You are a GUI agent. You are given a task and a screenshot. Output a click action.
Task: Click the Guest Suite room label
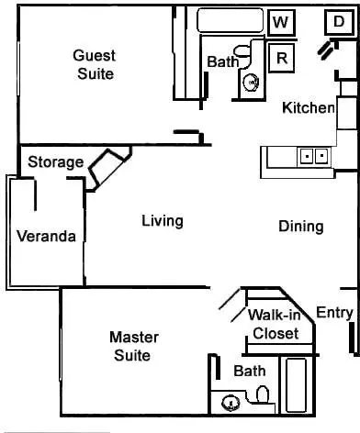pos(95,65)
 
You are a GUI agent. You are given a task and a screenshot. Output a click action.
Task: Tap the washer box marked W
pos(281,22)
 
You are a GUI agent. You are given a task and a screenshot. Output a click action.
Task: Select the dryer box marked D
pos(339,22)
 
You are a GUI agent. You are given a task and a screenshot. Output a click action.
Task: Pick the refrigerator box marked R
pos(282,58)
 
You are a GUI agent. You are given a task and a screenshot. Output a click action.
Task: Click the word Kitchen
pos(309,107)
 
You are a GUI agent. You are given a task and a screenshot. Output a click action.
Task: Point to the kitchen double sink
pos(314,156)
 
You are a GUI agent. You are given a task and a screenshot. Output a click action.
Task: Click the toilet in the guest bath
pos(243,52)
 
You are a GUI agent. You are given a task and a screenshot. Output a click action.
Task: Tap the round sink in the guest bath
pos(252,82)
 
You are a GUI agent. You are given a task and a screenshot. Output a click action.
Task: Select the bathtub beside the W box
pos(231,20)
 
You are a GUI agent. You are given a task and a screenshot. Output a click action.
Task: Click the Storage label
pos(56,162)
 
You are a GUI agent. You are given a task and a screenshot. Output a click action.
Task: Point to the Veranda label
pos(46,236)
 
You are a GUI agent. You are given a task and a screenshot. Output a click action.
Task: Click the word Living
pos(163,221)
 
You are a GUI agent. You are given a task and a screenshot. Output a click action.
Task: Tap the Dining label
pos(301,227)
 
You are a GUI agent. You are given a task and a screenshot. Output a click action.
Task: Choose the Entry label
pos(334,313)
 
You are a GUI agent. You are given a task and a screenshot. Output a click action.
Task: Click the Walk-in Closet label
pos(275,324)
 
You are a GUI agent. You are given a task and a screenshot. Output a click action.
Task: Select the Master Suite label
pos(134,347)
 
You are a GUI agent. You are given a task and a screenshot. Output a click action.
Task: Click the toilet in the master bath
pos(263,394)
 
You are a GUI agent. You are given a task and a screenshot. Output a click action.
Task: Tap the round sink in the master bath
pos(231,403)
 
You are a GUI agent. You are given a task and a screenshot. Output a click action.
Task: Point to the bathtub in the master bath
pos(296,385)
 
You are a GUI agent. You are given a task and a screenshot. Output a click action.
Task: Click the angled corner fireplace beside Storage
pos(110,168)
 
